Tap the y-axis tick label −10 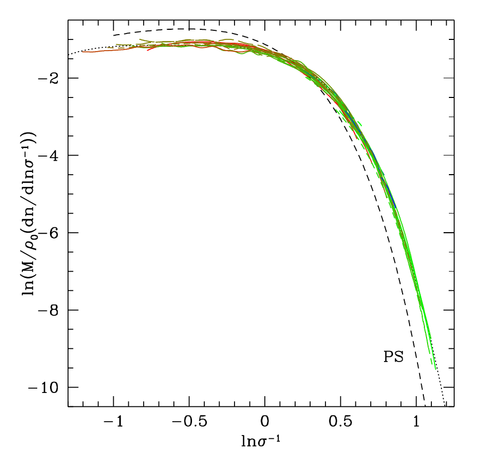48,387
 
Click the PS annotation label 394,357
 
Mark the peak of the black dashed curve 189,29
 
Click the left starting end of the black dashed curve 114,35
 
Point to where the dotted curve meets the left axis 69,55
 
